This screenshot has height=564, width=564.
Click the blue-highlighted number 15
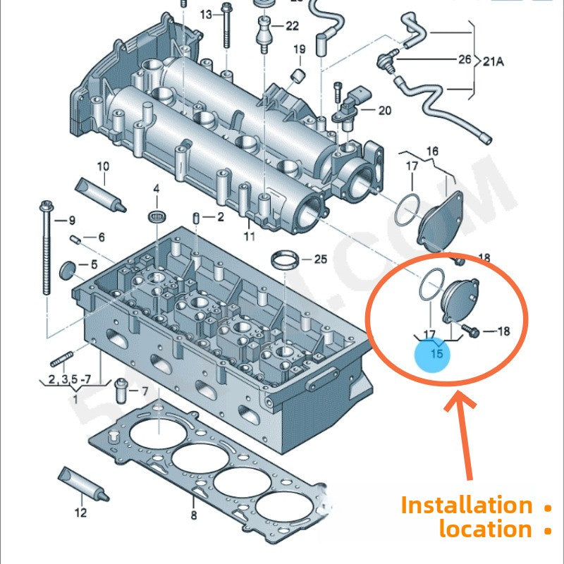437,354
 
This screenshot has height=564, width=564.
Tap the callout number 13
206,14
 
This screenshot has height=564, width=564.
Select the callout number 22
292,26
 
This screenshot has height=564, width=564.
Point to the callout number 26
464,59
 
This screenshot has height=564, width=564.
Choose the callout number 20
384,110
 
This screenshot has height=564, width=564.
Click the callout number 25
321,259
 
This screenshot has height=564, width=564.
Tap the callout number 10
103,166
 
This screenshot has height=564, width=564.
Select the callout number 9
70,221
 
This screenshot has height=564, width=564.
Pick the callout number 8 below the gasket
194,515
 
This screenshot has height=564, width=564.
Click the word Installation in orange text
467,505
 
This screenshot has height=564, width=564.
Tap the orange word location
485,529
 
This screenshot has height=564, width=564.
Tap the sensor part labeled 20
347,106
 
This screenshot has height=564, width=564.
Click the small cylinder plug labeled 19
298,75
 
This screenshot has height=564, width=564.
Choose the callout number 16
433,151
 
